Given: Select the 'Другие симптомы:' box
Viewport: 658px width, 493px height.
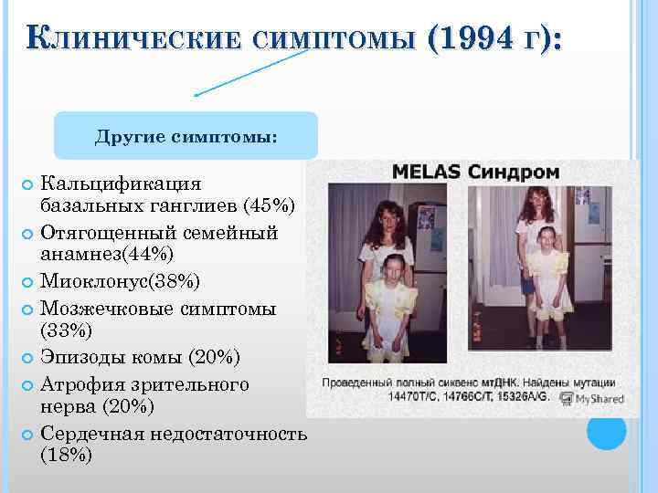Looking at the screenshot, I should (186, 136).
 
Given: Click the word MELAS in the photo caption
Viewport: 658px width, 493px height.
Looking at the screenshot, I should (427, 172).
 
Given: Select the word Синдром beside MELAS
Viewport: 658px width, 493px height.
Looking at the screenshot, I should (515, 172).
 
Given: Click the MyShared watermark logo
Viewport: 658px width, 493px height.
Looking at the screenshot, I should (593, 399).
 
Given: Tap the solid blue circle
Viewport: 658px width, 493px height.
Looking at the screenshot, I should (606, 431).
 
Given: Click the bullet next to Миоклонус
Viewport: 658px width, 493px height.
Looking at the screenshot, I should (26, 278).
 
